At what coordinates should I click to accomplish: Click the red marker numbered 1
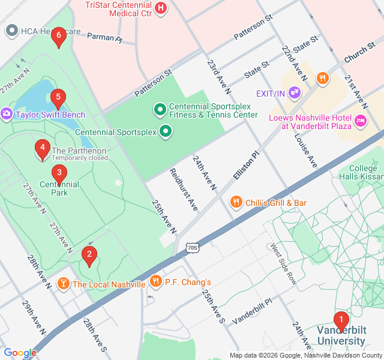pyautogui.click(x=341, y=320)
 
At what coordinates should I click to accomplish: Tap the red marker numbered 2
pyautogui.click(x=89, y=254)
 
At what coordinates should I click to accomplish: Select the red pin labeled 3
pyautogui.click(x=58, y=173)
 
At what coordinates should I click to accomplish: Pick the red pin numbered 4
pyautogui.click(x=42, y=147)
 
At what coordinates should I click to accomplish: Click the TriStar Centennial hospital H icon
pyautogui.click(x=161, y=8)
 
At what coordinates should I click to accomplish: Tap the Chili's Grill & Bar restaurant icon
pyautogui.click(x=236, y=203)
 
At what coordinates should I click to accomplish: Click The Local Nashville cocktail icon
pyautogui.click(x=63, y=283)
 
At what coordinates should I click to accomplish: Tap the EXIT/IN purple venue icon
pyautogui.click(x=294, y=93)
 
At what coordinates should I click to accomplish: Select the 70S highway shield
pyautogui.click(x=191, y=247)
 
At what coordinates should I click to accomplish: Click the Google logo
pyautogui.click(x=20, y=353)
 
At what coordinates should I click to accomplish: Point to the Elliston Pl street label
pyautogui.click(x=245, y=172)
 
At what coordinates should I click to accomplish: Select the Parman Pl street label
pyautogui.click(x=104, y=38)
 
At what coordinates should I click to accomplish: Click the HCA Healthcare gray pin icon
pyautogui.click(x=11, y=31)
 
